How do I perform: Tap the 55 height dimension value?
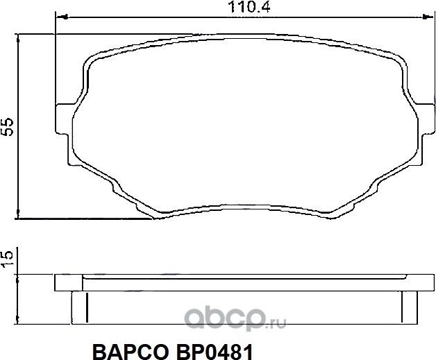click(x=8, y=126)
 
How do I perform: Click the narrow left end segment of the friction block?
click(x=78, y=305)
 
